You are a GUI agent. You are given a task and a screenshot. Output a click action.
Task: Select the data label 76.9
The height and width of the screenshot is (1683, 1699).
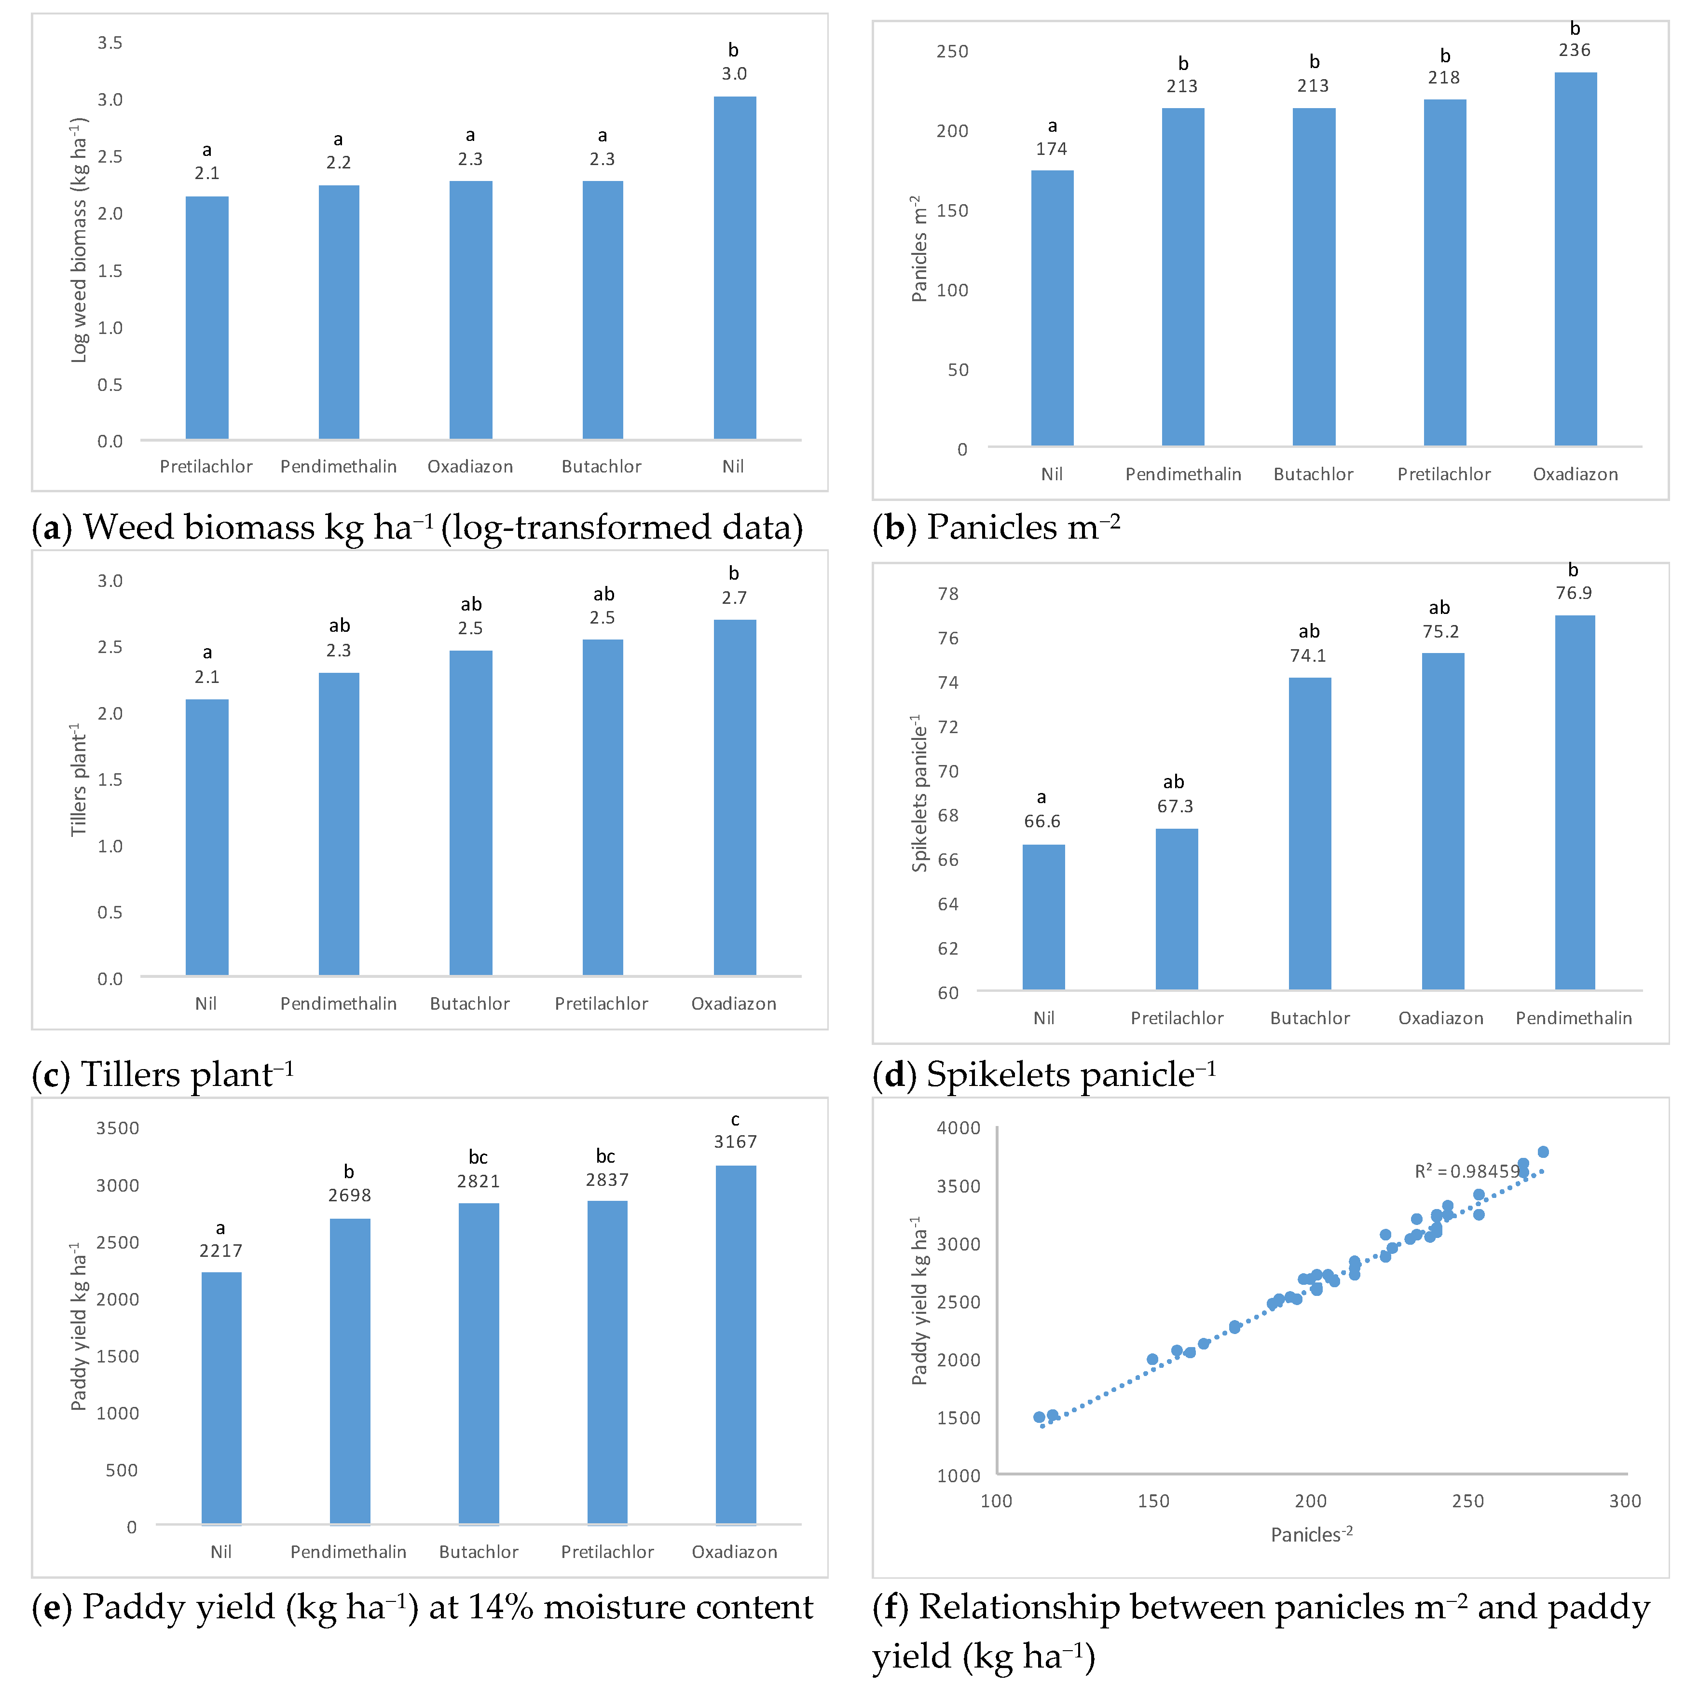[x=1573, y=593]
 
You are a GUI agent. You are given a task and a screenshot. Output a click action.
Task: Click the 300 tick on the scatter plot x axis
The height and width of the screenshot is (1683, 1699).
[x=1624, y=1501]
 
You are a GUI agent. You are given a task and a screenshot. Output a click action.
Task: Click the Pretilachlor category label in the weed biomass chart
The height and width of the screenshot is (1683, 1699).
[x=206, y=466]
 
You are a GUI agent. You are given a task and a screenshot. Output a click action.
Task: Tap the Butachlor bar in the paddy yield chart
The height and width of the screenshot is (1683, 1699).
[x=479, y=1363]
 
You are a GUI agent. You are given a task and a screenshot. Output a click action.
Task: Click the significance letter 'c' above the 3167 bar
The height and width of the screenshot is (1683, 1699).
[x=735, y=1119]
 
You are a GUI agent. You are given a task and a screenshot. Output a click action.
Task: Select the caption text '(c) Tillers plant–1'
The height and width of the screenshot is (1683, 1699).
[x=163, y=1074]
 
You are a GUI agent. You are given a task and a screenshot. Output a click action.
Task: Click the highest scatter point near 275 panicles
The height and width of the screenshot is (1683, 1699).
[x=1543, y=1152]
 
